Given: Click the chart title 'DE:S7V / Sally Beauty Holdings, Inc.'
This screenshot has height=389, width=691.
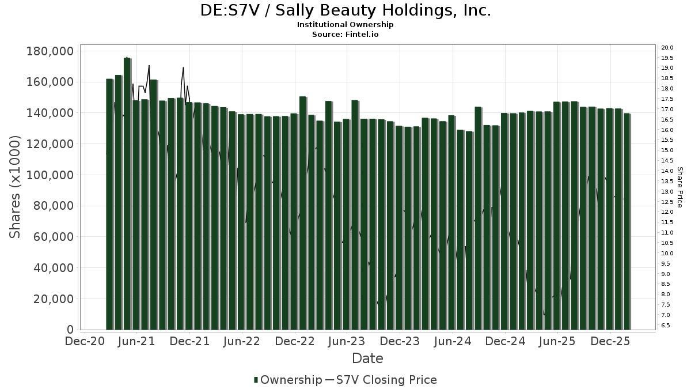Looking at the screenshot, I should [x=345, y=10].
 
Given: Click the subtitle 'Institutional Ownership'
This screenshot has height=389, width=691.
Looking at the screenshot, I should [x=345, y=25].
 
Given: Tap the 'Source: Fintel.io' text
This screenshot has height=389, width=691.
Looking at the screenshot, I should [x=345, y=34].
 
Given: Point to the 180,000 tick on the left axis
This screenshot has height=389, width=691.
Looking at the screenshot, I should [x=50, y=51].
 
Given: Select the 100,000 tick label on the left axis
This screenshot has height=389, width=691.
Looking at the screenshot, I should [x=50, y=175].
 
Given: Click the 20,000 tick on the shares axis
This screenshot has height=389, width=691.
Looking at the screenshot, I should [x=53, y=299].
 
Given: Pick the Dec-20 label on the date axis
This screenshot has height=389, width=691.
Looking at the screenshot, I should [x=85, y=341].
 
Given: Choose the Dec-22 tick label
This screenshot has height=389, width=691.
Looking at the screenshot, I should [x=295, y=341].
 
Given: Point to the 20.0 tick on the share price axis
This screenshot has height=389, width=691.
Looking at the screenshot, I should [x=668, y=48].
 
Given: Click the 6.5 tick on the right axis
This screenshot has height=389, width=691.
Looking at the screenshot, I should [x=666, y=326].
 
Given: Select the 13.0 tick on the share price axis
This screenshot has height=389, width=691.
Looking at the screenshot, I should [x=668, y=192].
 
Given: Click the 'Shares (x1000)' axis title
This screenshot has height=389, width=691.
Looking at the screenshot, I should [x=15, y=187].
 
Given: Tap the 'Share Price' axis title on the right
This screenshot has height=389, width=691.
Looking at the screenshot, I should [x=679, y=187].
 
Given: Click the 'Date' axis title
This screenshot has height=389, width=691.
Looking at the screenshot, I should [x=367, y=358].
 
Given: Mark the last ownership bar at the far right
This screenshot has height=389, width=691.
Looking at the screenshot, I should [x=627, y=221].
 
